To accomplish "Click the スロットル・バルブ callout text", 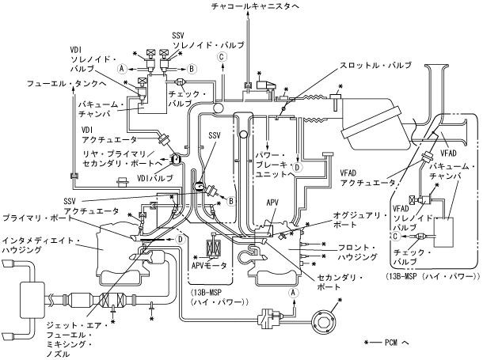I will click(364, 64).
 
